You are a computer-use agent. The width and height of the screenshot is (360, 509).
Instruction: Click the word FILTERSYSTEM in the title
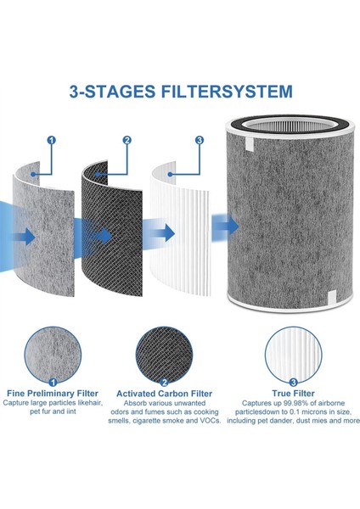coord(227,92)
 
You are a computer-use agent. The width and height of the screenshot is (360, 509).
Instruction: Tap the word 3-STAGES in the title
coord(112,92)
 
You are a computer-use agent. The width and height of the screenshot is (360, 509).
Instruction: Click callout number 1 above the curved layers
coord(52,140)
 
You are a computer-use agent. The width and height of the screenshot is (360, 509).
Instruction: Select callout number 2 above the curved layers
coord(127,140)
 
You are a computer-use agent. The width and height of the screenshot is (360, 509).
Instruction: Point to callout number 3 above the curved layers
coord(200,140)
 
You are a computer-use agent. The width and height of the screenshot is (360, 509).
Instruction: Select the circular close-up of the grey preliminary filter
coord(53,355)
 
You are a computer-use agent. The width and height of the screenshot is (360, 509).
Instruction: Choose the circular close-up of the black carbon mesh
coord(164,355)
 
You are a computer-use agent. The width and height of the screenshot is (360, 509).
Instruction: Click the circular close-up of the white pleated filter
coord(294,355)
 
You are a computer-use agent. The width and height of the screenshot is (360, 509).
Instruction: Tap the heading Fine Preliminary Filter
coord(53,394)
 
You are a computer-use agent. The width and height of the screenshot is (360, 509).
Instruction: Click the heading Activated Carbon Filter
coord(164,394)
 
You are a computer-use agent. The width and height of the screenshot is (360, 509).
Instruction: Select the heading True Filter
coord(294,394)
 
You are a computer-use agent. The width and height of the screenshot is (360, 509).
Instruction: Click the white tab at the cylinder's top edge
coord(249,143)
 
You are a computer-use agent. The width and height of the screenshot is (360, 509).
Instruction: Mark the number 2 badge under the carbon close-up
coord(164,383)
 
